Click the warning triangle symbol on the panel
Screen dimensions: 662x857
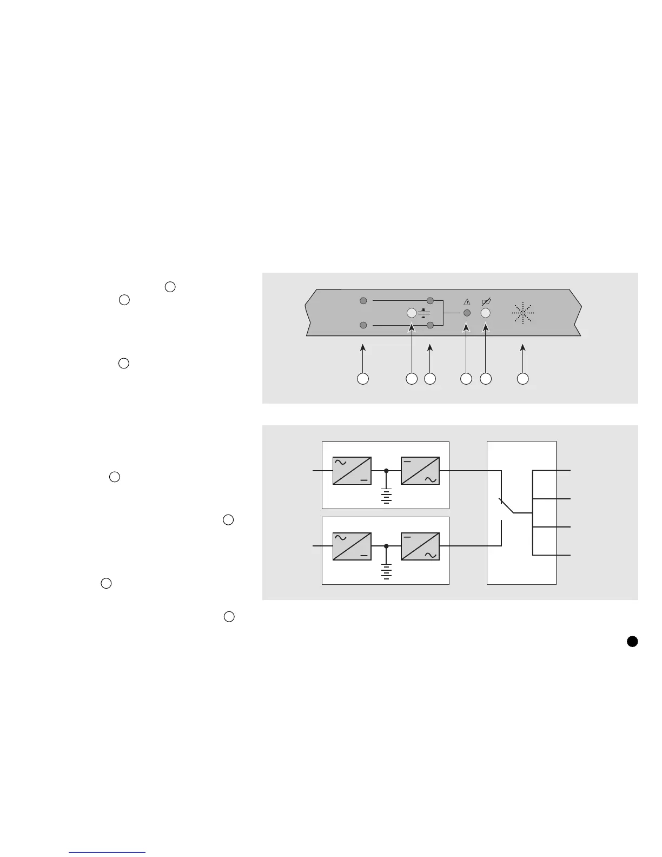coord(467,302)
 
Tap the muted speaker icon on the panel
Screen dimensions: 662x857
coord(486,301)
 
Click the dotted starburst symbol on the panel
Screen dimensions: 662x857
coord(522,313)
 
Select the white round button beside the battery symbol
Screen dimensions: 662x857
coord(412,313)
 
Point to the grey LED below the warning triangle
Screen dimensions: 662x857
coord(467,313)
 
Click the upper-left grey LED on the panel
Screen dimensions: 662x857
coord(363,300)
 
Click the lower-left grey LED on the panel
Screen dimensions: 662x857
coord(363,325)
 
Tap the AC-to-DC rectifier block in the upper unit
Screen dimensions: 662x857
coord(352,471)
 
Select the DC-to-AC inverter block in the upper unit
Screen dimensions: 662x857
coord(420,471)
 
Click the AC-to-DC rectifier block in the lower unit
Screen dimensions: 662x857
coord(352,546)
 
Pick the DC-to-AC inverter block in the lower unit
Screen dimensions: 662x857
coord(420,546)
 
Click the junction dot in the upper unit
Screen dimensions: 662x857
coord(386,471)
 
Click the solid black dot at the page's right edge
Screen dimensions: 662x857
coord(632,641)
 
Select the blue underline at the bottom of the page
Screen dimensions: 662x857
coord(108,852)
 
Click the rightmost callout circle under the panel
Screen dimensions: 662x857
coord(522,379)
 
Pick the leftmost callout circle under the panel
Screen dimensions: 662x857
coord(363,379)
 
